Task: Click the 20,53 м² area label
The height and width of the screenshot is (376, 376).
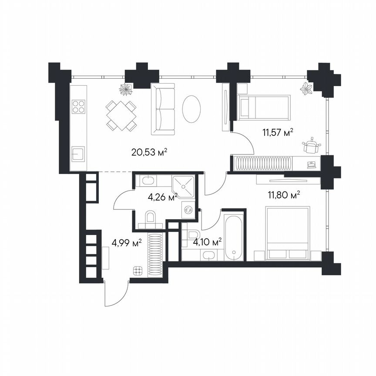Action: point(149,152)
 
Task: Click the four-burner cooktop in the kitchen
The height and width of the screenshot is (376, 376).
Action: point(79,107)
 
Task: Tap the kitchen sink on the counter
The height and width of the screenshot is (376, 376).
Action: point(79,154)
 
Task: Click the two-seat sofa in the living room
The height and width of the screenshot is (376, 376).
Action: point(163,109)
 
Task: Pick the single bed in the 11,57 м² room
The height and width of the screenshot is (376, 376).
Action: point(264,107)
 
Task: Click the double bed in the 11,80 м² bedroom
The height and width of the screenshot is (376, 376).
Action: point(288,234)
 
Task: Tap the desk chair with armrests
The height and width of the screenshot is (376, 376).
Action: point(311,146)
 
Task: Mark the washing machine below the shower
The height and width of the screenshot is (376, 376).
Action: point(188,210)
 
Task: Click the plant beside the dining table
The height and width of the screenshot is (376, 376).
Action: point(126,89)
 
